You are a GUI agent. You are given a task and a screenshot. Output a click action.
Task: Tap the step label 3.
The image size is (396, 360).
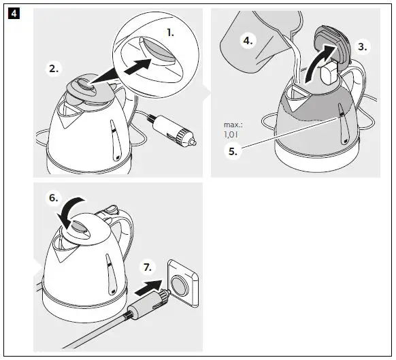pos(362,47)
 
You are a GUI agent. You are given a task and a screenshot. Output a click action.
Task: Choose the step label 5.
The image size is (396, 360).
pos(233,152)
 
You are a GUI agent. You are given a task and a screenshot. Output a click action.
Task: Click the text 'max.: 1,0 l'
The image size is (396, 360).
pos(233,130)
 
